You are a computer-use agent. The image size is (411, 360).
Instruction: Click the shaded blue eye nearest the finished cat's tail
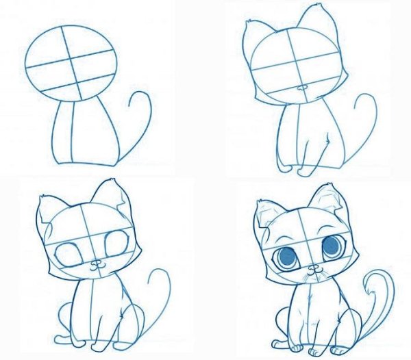332,244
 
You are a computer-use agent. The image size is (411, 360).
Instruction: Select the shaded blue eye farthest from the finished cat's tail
288,255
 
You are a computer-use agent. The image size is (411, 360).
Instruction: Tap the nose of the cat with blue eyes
314,268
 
